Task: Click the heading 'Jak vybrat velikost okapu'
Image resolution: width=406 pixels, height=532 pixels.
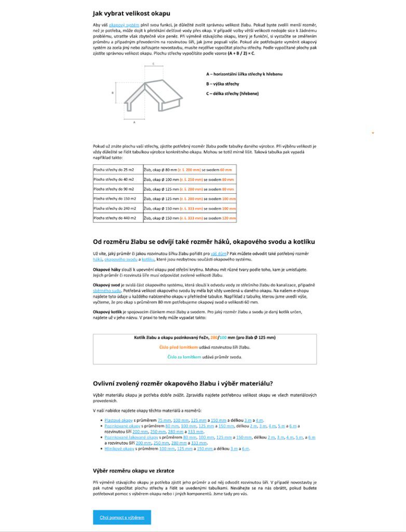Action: click(131, 13)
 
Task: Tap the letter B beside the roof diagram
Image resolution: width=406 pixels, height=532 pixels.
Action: click(113, 93)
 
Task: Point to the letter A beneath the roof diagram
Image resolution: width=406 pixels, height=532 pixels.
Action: click(134, 122)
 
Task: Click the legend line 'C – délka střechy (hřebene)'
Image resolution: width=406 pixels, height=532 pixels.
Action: click(232, 94)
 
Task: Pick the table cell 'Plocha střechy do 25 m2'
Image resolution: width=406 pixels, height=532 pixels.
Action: click(114, 170)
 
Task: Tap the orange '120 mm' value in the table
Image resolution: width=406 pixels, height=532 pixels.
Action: click(229, 218)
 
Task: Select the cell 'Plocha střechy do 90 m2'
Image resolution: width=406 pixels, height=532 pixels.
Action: click(114, 189)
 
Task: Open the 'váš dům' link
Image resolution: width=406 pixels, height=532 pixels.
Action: click(218, 253)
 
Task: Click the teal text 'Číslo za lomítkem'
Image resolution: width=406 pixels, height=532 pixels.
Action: click(184, 357)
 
